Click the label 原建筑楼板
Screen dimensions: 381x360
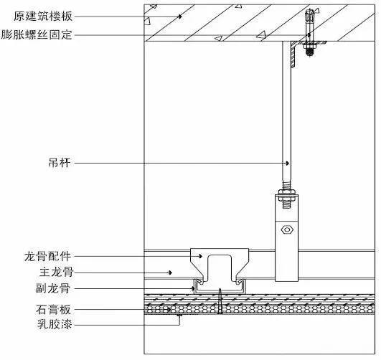coord(43,16)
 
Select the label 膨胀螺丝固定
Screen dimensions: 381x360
coord(37,34)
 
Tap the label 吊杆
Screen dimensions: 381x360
coord(60,163)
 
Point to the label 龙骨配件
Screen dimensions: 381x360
coord(47,256)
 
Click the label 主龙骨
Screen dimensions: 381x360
coord(56,273)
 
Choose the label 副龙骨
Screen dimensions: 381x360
coord(53,288)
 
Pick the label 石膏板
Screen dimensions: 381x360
coord(54,310)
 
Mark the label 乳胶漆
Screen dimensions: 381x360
coord(55,324)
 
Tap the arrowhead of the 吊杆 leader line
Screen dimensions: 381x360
coord(288,163)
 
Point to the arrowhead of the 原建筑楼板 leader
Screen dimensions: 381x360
coord(180,16)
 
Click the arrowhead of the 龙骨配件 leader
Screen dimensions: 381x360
coord(200,256)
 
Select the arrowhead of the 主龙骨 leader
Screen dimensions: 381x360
coord(170,273)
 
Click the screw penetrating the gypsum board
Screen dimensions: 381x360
coord(220,301)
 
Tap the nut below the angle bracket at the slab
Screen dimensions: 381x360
coord(309,45)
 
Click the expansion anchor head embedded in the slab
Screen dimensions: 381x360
coord(309,15)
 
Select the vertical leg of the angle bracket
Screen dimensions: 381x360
coord(293,55)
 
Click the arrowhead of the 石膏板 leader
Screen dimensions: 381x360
coord(169,310)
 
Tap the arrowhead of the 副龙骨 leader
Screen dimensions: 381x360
coord(193,288)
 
